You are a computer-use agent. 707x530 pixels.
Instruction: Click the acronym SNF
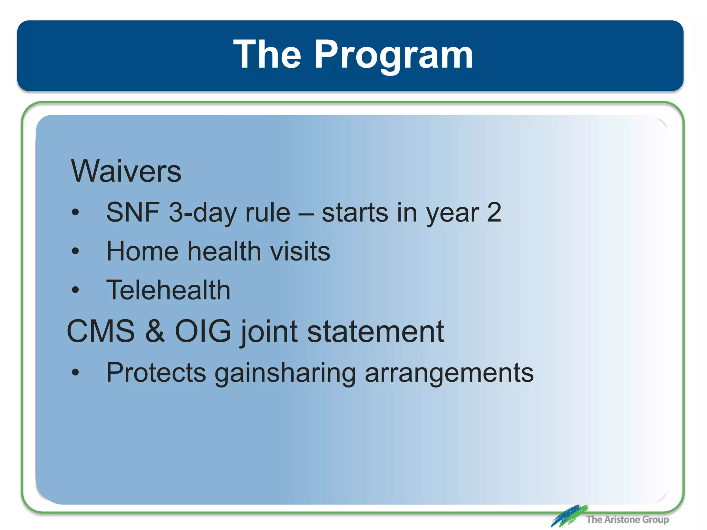(133, 212)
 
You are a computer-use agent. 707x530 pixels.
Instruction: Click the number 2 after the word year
(494, 212)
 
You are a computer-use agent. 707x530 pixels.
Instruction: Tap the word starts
(355, 213)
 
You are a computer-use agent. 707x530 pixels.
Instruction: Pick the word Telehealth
(168, 290)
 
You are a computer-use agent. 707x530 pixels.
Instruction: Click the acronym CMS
(101, 331)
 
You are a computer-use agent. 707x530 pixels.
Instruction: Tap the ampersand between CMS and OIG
(155, 331)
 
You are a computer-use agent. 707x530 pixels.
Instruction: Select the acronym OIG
(203, 331)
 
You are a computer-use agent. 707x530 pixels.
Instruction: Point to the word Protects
(156, 373)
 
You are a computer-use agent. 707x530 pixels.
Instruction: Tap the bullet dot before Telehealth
(75, 290)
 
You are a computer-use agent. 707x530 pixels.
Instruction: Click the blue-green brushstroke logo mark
(569, 516)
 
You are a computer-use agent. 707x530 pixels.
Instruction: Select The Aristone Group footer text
(627, 519)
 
